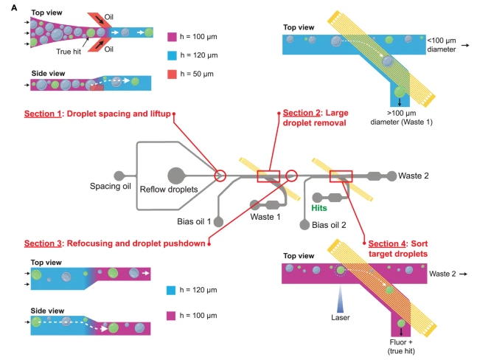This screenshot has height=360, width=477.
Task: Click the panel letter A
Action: [7, 6]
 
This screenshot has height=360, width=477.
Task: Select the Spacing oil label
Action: [109, 187]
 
